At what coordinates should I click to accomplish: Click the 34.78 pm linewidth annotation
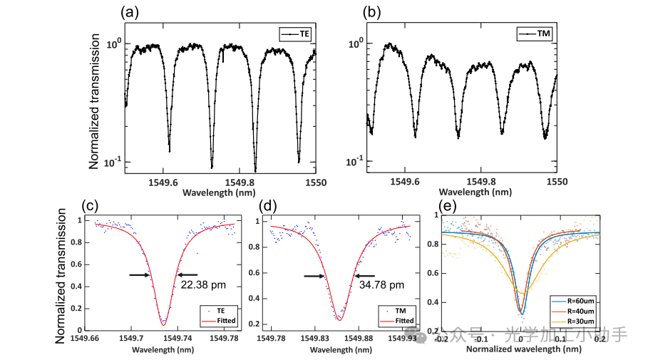click(x=382, y=285)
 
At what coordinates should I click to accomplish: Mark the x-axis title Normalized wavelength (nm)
click(x=520, y=351)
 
